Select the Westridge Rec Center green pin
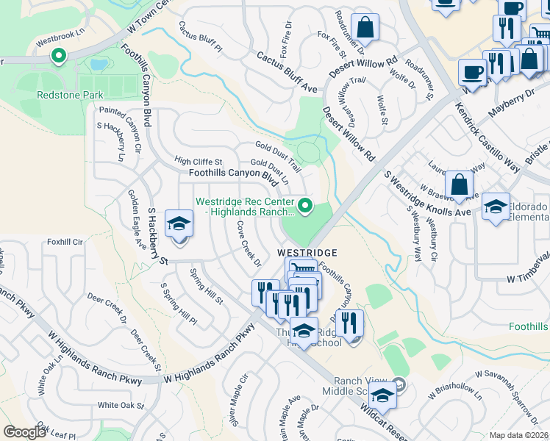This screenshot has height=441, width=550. (x=306, y=204)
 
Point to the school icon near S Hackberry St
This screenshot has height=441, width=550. (x=179, y=224)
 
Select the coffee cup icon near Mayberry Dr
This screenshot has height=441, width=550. (x=472, y=73)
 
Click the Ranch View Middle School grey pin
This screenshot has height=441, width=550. (x=399, y=383)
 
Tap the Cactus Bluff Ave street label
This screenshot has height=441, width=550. (x=287, y=72)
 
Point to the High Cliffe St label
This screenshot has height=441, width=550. (x=198, y=161)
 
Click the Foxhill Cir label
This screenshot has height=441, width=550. (x=64, y=240)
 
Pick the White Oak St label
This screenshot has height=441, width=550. (x=121, y=405)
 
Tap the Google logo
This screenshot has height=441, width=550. (x=24, y=432)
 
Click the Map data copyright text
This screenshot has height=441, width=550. (x=519, y=435)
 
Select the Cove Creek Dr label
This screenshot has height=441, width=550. (x=249, y=245)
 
